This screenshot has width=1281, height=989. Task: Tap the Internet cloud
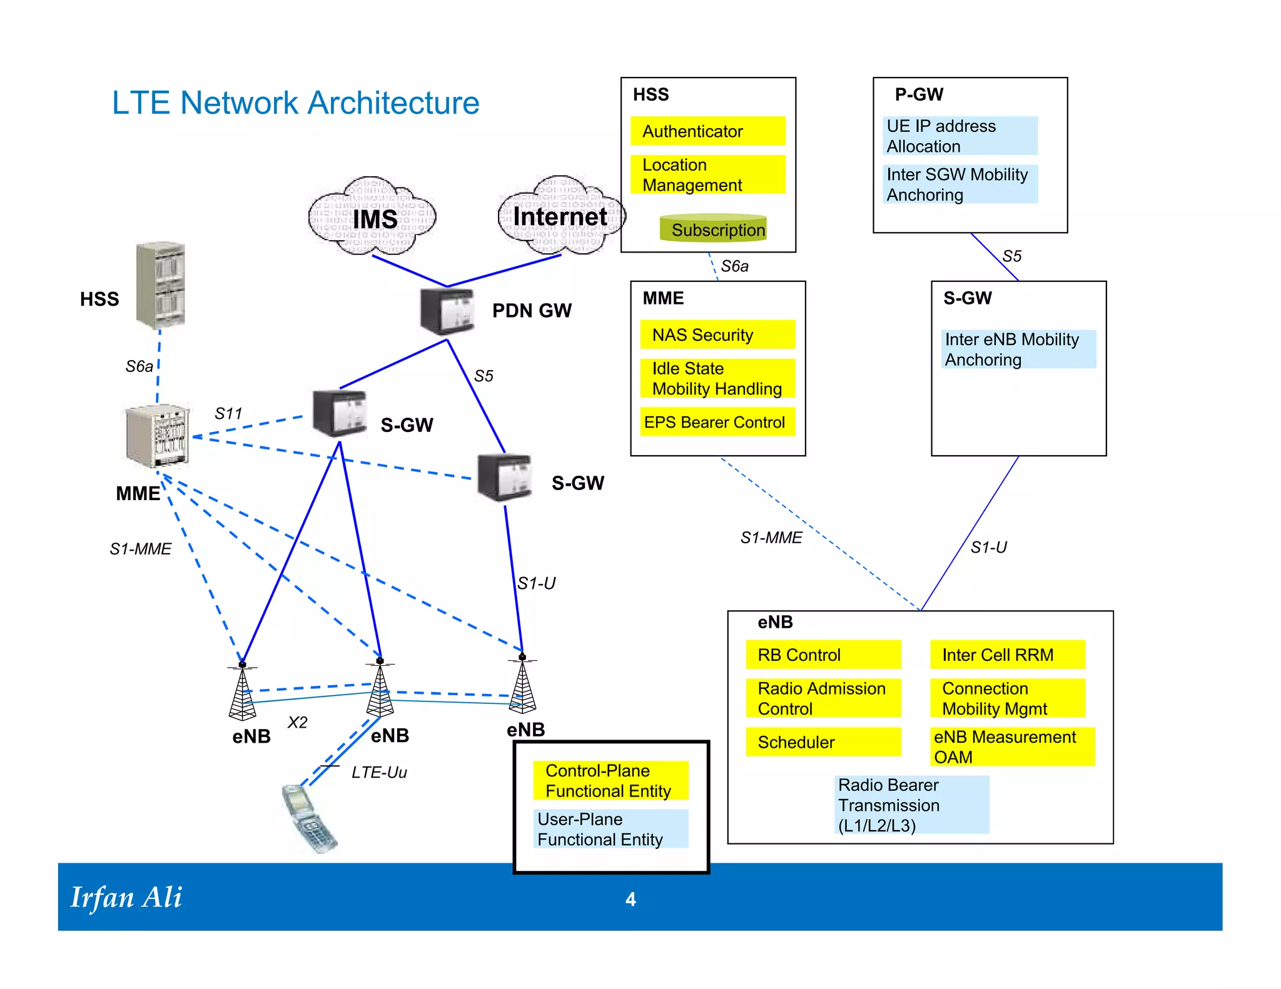(x=560, y=216)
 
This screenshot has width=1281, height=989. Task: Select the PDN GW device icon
(x=447, y=312)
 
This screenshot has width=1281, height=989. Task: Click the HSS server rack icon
(x=161, y=285)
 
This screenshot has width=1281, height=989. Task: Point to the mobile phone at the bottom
(x=309, y=819)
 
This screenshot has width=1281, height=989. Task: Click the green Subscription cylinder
(x=713, y=229)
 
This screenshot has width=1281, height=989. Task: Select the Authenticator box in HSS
(x=707, y=131)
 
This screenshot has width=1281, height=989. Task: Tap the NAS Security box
(x=717, y=335)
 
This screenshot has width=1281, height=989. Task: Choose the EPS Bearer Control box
(x=717, y=422)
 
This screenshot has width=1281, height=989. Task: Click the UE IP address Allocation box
(x=961, y=136)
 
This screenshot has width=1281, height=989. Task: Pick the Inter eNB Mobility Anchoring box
(x=1018, y=349)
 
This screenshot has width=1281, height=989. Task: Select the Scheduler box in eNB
(x=823, y=742)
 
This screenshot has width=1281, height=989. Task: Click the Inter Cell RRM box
(x=1007, y=655)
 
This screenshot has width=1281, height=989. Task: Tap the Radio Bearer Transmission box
(x=911, y=805)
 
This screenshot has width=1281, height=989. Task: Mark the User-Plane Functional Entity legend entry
(x=610, y=829)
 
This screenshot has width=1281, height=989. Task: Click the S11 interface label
(x=228, y=413)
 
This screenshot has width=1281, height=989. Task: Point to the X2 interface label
(x=297, y=723)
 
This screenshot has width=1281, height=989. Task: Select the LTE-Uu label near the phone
(x=379, y=773)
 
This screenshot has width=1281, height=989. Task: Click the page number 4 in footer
(x=630, y=899)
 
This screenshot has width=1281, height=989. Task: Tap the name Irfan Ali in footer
(x=126, y=898)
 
